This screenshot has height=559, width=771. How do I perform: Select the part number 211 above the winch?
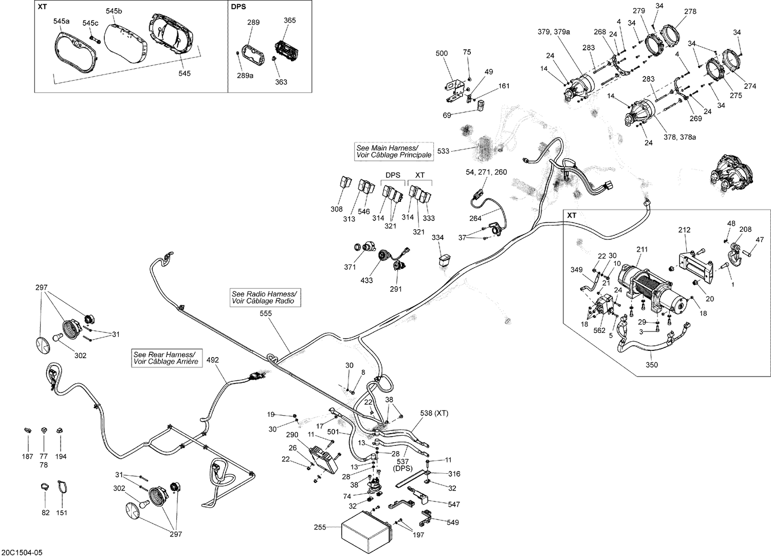pyautogui.click(x=642, y=250)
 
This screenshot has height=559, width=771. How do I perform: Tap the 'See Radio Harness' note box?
pyautogui.click(x=265, y=297)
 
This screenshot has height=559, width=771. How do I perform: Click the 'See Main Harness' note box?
pyautogui.click(x=394, y=151)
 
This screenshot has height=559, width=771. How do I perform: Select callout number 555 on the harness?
pyautogui.click(x=266, y=313)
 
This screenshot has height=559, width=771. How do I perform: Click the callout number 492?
pyautogui.click(x=212, y=360)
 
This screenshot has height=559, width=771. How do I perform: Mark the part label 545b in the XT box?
pyautogui.click(x=114, y=11)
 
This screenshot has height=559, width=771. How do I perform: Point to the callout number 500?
pyautogui.click(x=442, y=53)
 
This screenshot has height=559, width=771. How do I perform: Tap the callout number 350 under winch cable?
pyautogui.click(x=651, y=365)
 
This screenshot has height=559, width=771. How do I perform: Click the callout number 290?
pyautogui.click(x=292, y=435)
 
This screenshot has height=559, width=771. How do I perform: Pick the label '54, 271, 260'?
pyautogui.click(x=486, y=172)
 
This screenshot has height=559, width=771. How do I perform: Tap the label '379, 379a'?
pyautogui.click(x=554, y=32)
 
